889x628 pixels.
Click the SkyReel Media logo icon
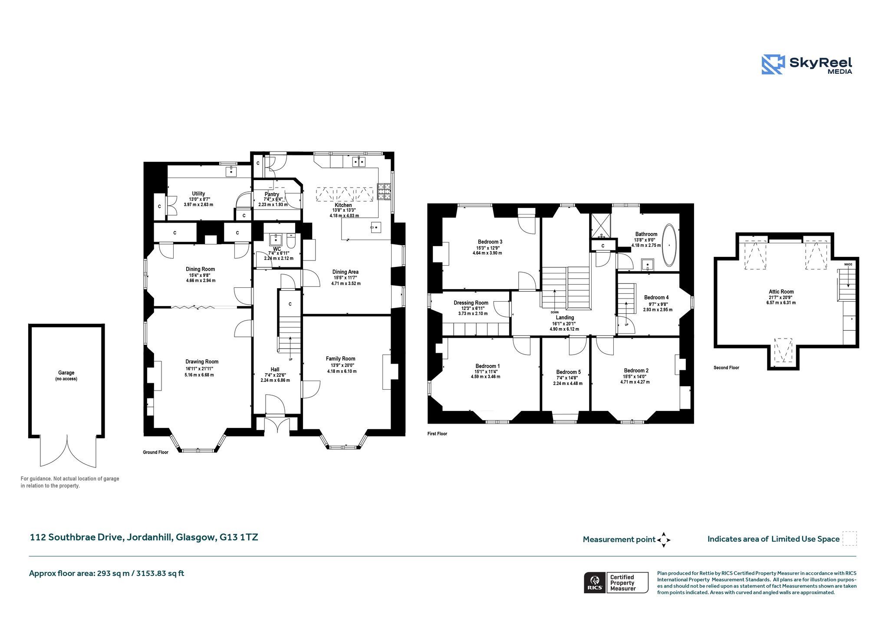click(773, 64)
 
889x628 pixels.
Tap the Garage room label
click(66, 372)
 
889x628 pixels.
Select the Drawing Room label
click(202, 362)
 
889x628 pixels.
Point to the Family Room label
click(341, 358)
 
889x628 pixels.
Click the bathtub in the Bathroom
click(669, 245)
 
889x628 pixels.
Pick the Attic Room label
click(781, 292)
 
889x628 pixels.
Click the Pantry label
click(272, 194)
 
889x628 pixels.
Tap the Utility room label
click(198, 194)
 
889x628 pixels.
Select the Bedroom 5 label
click(568, 372)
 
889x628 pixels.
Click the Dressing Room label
click(471, 303)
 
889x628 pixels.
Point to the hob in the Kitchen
click(384, 192)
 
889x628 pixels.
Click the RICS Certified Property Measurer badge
click(616, 582)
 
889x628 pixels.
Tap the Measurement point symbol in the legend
click(664, 540)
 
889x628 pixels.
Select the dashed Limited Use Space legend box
click(849, 539)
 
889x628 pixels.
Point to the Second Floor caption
click(726, 368)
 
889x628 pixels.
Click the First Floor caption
click(437, 434)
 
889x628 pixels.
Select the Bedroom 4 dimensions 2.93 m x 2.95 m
click(658, 310)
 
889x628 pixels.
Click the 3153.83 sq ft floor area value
click(160, 573)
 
